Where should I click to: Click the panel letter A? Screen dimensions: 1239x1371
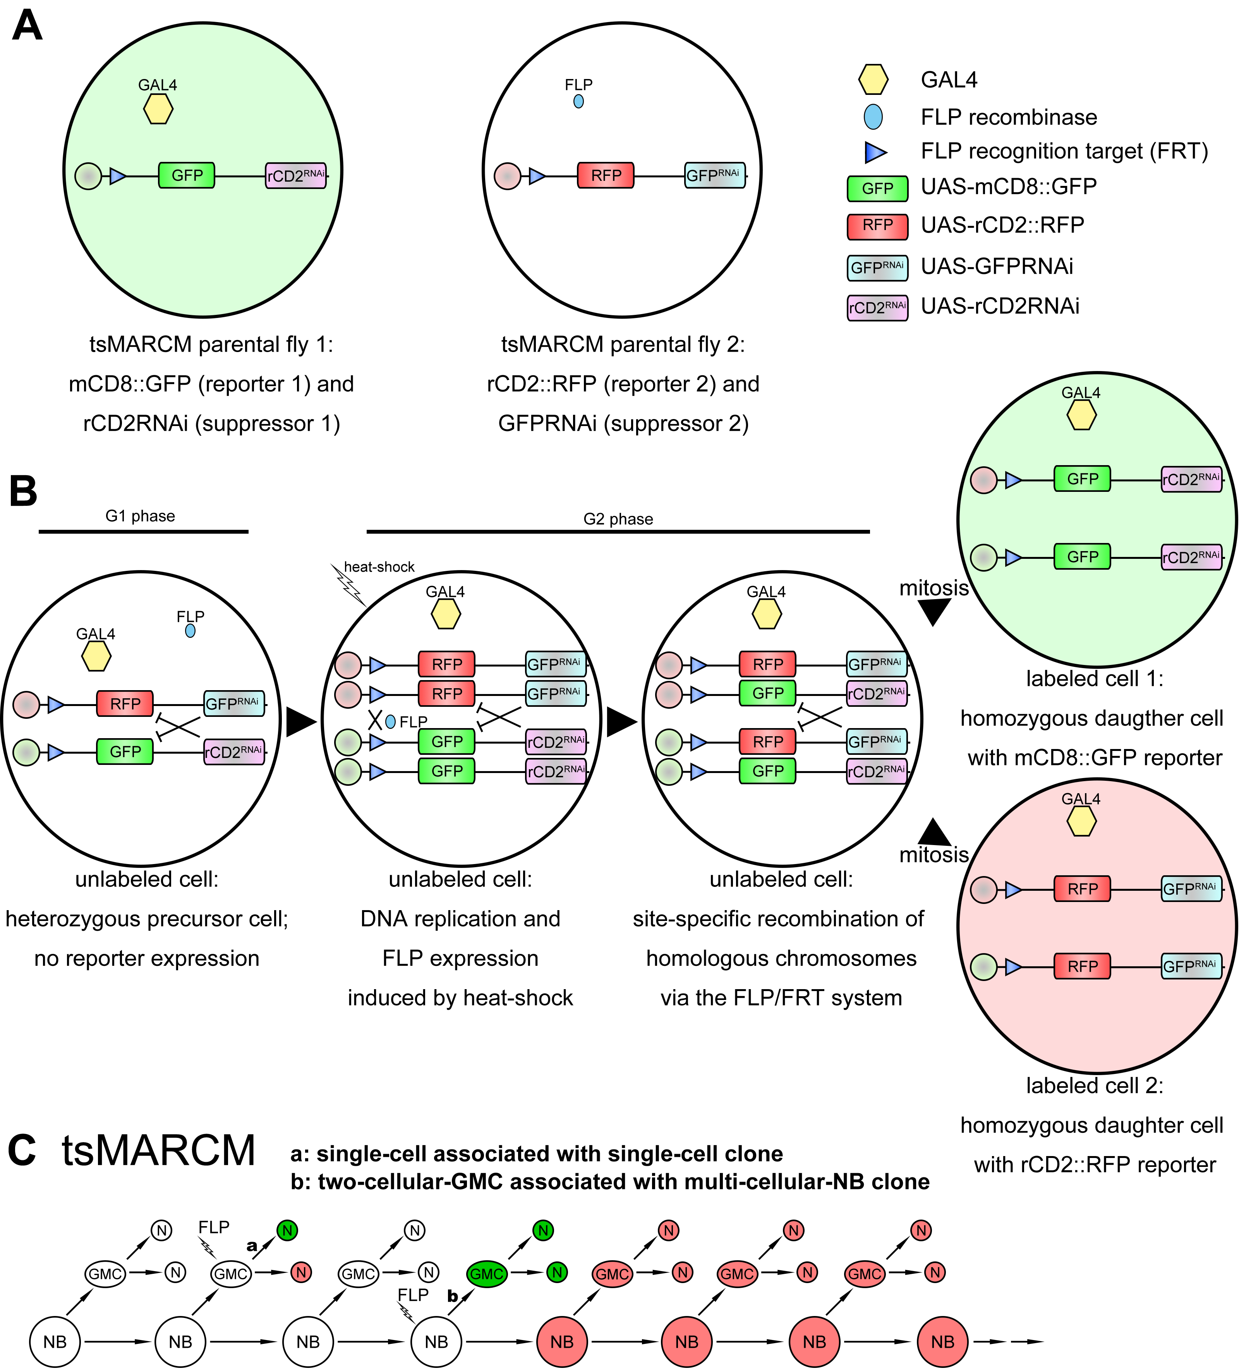[27, 26]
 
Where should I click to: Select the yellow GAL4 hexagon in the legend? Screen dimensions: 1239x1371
[873, 79]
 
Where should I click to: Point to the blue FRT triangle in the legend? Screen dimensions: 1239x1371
[875, 152]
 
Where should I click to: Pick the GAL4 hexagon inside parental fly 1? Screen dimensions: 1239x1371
[158, 109]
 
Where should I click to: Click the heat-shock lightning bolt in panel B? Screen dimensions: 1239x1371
[348, 584]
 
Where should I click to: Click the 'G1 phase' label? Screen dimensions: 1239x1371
[140, 516]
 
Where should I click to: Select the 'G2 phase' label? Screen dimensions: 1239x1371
[618, 519]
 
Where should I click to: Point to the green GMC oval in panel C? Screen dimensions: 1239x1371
[487, 1274]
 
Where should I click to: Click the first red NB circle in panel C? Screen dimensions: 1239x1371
[562, 1342]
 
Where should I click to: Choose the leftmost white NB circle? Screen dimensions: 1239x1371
[55, 1342]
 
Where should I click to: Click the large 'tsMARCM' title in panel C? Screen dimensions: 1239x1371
[158, 1151]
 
